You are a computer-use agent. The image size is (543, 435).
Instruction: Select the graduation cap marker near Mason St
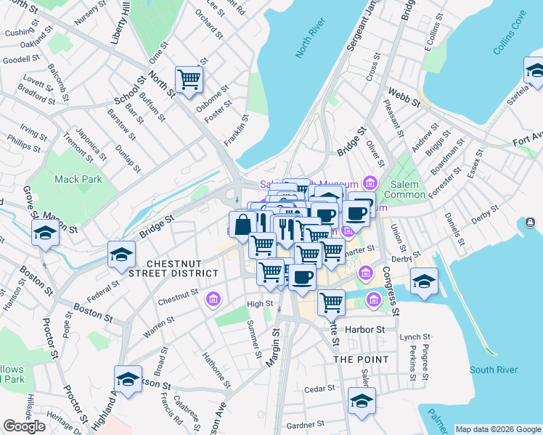tap(44, 233)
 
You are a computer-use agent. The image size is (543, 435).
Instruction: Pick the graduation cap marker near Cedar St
tap(361, 401)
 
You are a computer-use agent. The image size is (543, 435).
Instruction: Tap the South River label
tap(493, 370)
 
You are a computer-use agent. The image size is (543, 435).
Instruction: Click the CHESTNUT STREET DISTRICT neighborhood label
tap(181, 268)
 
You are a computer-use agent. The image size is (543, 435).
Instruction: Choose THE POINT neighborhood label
tap(361, 359)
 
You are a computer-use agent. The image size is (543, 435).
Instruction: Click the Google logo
tap(25, 426)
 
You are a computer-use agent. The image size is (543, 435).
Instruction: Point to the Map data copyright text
tap(497, 428)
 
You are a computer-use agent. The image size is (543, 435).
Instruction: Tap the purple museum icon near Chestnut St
tap(213, 299)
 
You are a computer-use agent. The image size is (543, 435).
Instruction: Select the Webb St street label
tap(405, 98)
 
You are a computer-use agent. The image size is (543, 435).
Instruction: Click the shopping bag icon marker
tap(242, 223)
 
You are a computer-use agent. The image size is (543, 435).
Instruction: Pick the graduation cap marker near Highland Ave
tap(128, 379)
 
